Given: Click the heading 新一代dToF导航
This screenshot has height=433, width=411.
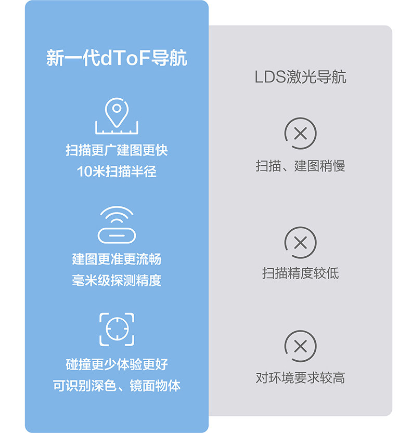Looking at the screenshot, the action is pyautogui.click(x=117, y=58).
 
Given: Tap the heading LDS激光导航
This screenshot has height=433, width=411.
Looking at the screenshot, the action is pyautogui.click(x=300, y=77).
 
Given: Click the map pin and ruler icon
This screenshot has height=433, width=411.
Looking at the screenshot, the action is pyautogui.click(x=117, y=116).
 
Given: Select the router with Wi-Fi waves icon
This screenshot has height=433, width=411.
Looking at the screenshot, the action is pyautogui.click(x=117, y=225).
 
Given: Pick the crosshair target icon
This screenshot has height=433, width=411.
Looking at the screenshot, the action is pyautogui.click(x=117, y=329).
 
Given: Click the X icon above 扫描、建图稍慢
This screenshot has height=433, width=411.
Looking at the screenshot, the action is pyautogui.click(x=300, y=134).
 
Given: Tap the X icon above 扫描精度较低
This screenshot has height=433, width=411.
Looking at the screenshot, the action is pyautogui.click(x=300, y=242).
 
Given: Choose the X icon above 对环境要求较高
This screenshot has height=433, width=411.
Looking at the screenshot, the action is pyautogui.click(x=300, y=346).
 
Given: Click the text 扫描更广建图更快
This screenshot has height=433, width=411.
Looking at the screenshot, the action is pyautogui.click(x=117, y=151).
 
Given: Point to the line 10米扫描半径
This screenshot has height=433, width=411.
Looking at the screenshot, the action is pyautogui.click(x=117, y=172).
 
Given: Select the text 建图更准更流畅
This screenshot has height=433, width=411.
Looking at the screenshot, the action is pyautogui.click(x=117, y=259).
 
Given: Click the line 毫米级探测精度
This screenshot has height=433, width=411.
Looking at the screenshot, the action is pyautogui.click(x=117, y=280).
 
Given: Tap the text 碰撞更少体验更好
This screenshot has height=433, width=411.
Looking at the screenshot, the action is pyautogui.click(x=117, y=364).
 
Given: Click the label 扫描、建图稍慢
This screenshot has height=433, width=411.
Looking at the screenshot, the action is pyautogui.click(x=300, y=166).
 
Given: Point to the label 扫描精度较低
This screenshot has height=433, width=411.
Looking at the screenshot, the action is pyautogui.click(x=300, y=273).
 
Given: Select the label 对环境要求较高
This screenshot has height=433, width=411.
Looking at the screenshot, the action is pyautogui.click(x=300, y=378).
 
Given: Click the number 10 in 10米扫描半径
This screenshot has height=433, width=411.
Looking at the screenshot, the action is pyautogui.click(x=84, y=172).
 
